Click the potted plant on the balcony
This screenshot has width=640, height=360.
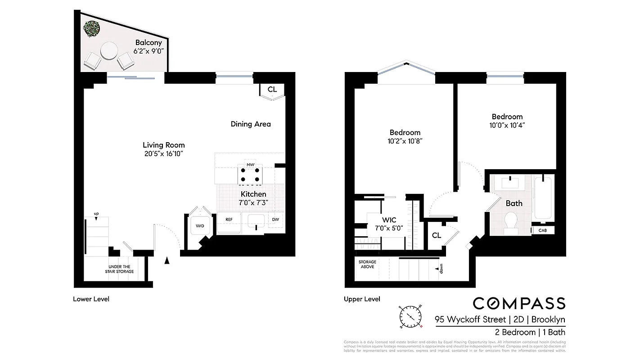[90, 28]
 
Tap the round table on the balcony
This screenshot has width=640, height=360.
[108, 51]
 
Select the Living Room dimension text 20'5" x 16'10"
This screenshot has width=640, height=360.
[163, 153]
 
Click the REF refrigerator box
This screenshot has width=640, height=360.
[229, 220]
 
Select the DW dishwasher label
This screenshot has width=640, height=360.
[275, 220]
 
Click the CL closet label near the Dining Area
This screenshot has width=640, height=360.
[272, 90]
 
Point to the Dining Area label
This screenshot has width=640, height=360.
[251, 124]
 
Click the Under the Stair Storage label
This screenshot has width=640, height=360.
[119, 269]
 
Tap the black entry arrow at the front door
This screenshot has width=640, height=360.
[167, 260]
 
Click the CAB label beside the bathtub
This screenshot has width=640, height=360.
[543, 230]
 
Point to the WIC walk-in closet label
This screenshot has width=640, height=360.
[389, 220]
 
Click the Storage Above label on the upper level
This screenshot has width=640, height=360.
[367, 264]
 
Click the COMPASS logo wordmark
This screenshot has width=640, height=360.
[500, 303]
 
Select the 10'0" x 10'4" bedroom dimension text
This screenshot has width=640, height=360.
[507, 125]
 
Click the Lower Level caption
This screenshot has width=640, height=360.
[91, 299]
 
